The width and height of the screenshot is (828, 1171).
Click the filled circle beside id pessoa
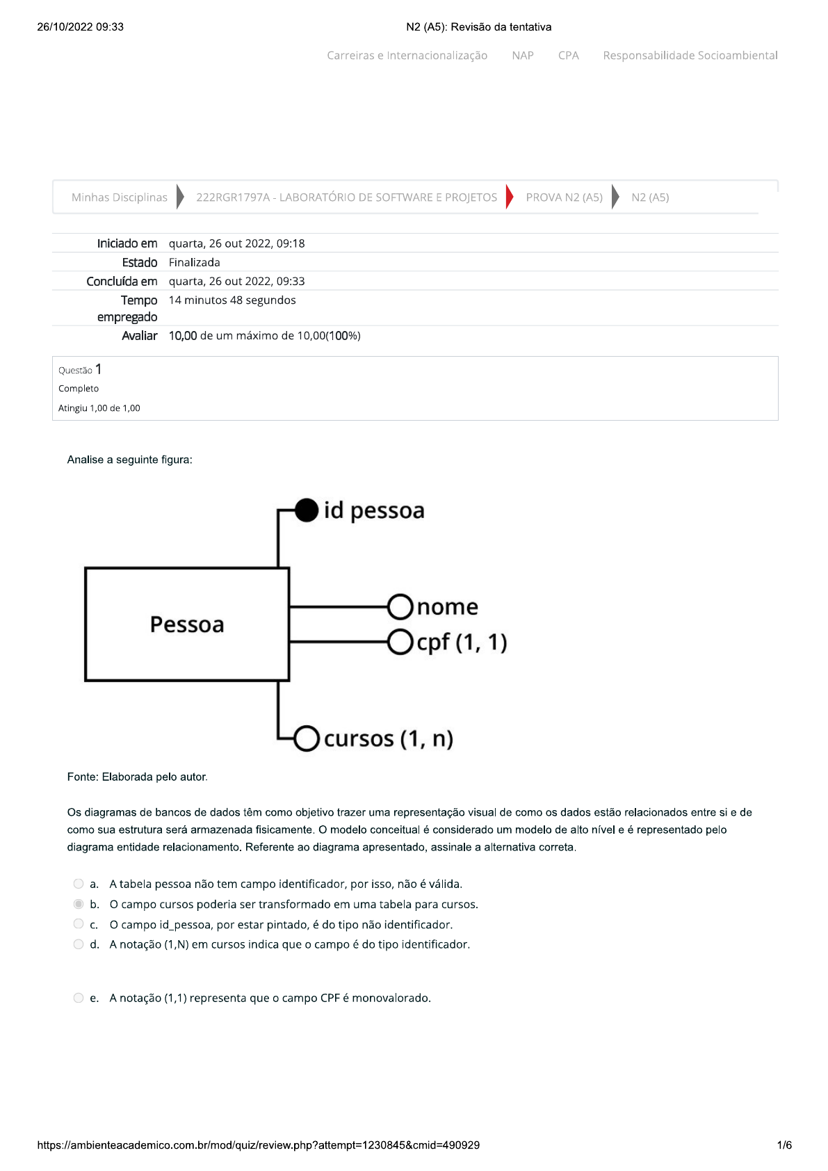click(x=307, y=510)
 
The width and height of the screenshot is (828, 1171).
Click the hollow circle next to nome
click(x=400, y=606)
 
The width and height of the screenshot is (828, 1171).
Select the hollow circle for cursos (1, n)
click(x=307, y=738)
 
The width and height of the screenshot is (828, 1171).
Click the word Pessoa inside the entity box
click(x=187, y=624)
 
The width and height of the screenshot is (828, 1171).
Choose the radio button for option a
click(x=79, y=884)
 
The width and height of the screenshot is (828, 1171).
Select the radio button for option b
click(x=79, y=904)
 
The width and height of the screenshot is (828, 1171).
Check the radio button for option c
click(x=79, y=924)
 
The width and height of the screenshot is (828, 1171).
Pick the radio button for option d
click(x=79, y=944)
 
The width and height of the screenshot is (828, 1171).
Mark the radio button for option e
click(x=79, y=998)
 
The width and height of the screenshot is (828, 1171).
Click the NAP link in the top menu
click(x=523, y=56)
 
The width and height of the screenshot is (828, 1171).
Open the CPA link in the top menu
click(x=568, y=56)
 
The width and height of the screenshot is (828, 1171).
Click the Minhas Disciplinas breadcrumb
click(x=120, y=197)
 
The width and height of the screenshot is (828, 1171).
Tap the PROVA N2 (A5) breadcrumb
click(x=564, y=197)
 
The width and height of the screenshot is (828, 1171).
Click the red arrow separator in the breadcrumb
click(x=510, y=197)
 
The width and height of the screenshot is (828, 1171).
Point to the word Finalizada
click(x=195, y=262)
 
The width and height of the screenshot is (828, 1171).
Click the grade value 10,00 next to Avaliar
click(x=183, y=336)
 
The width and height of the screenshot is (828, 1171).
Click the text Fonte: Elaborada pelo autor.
click(x=137, y=777)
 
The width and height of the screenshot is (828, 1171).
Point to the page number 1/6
click(x=784, y=1145)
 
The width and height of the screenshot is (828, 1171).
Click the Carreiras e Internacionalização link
click(x=407, y=56)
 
